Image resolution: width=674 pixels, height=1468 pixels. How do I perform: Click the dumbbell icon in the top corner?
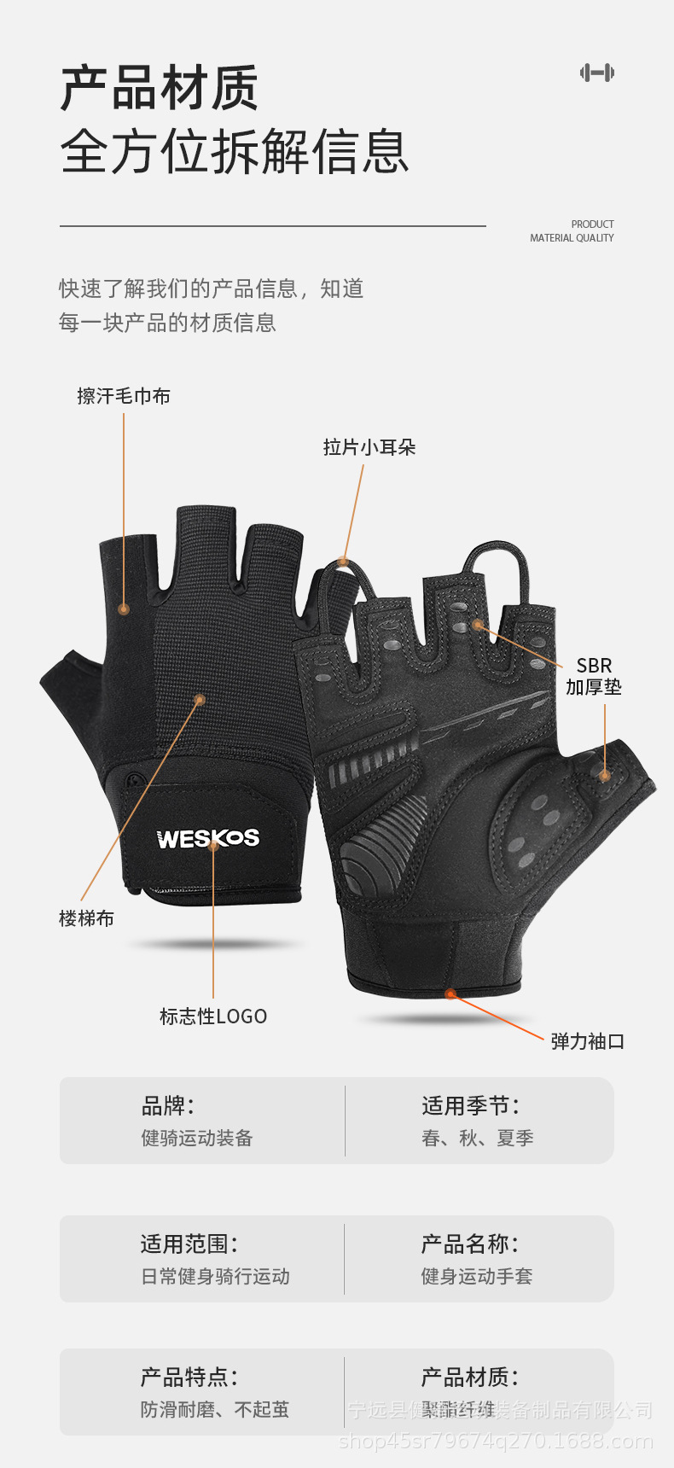click(597, 73)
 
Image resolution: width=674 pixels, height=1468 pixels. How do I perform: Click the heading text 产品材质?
click(160, 88)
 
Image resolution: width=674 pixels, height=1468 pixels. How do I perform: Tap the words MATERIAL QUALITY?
click(572, 238)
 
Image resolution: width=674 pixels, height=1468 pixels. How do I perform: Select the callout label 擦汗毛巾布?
click(124, 396)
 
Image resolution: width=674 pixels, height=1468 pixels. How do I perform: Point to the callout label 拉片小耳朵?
click(369, 447)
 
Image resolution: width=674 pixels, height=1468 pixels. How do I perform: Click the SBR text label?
click(594, 666)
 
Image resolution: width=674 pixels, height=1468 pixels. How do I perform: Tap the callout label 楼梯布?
click(86, 918)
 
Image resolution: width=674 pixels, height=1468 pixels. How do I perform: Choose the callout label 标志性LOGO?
click(213, 1017)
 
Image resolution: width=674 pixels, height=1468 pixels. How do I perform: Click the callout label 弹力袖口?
click(588, 1041)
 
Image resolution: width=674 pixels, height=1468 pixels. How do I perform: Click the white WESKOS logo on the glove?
click(208, 839)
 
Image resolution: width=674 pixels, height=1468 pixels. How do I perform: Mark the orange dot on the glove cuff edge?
click(450, 993)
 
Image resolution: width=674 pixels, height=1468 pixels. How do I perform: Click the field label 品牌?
click(168, 1106)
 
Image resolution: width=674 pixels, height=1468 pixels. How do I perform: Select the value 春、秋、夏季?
click(478, 1139)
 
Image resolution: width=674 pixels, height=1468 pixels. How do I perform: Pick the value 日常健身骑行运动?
click(215, 1277)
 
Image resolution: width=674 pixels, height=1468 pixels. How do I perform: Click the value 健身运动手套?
click(477, 1277)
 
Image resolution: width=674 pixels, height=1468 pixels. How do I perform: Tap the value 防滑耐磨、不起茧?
click(215, 1410)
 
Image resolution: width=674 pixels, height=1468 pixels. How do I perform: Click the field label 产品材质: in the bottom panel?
click(470, 1377)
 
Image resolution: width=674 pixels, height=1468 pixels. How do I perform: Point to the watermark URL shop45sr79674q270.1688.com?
click(496, 1442)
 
